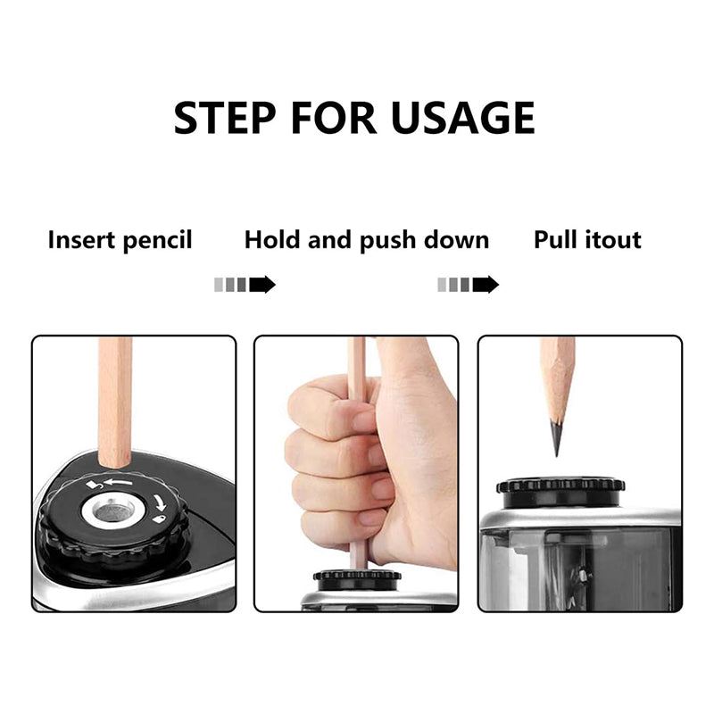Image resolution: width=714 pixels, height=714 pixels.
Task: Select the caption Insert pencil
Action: pyautogui.click(x=120, y=240)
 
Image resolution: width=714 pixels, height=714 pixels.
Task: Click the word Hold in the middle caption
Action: pyautogui.click(x=273, y=240)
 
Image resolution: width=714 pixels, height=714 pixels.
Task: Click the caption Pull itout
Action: pyautogui.click(x=587, y=240)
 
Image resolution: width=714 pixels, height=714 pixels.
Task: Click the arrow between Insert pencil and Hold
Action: pyautogui.click(x=245, y=285)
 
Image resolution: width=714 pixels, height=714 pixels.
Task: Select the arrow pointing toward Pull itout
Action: pyautogui.click(x=468, y=285)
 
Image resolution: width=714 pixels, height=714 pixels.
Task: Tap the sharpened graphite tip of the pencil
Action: pyautogui.click(x=556, y=438)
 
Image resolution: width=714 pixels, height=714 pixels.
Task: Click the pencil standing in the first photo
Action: pyautogui.click(x=115, y=402)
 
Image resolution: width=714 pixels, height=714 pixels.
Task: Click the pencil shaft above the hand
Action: pyautogui.click(x=357, y=357)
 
